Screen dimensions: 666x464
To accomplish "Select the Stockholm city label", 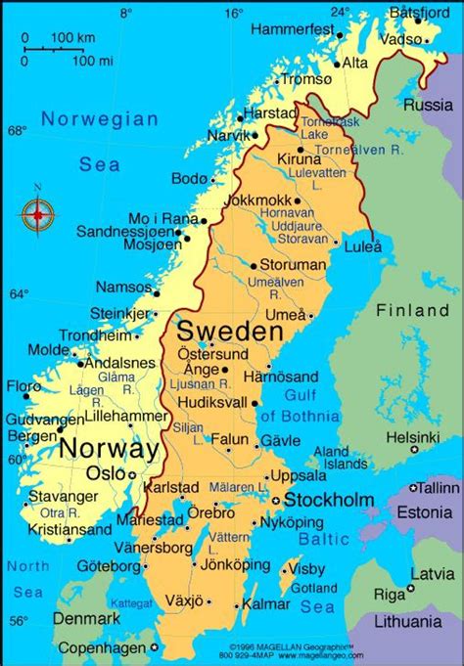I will [x=329, y=500].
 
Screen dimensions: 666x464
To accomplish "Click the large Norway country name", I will [x=109, y=449].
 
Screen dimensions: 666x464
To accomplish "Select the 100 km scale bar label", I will [x=68, y=37].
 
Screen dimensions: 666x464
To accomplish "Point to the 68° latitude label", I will [x=19, y=130].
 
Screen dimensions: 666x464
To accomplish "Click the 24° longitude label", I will [x=339, y=13].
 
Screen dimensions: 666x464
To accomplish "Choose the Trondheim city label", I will [x=94, y=334].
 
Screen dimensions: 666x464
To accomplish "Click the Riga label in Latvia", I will [x=390, y=595].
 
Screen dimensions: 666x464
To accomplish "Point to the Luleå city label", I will [x=362, y=247].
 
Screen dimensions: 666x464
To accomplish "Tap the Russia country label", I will [x=428, y=104].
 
